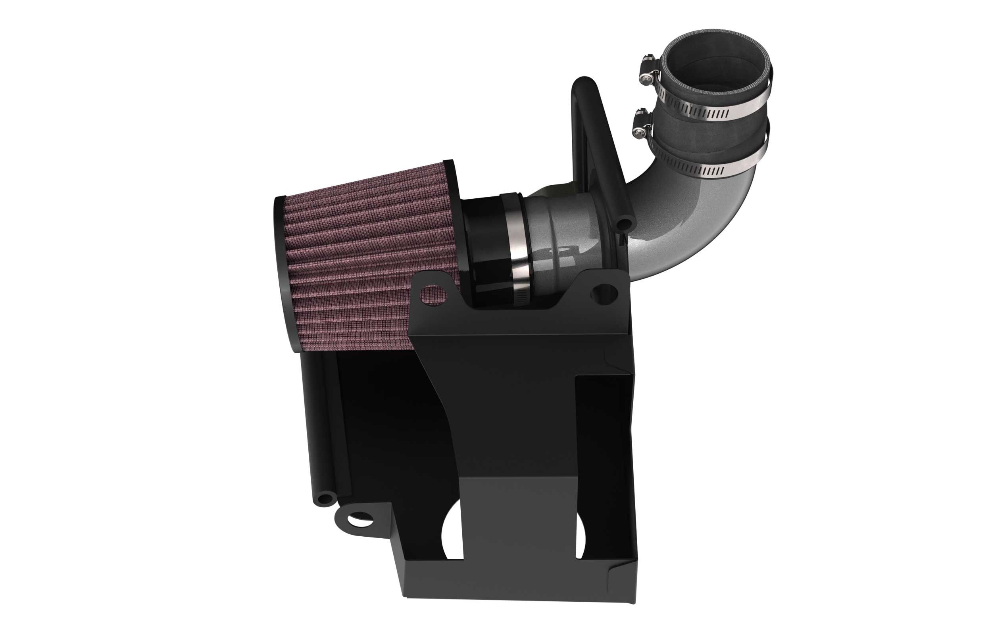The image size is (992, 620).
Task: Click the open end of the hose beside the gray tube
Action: [x=624, y=224]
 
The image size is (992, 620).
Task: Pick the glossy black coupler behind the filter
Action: [x=486, y=254]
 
